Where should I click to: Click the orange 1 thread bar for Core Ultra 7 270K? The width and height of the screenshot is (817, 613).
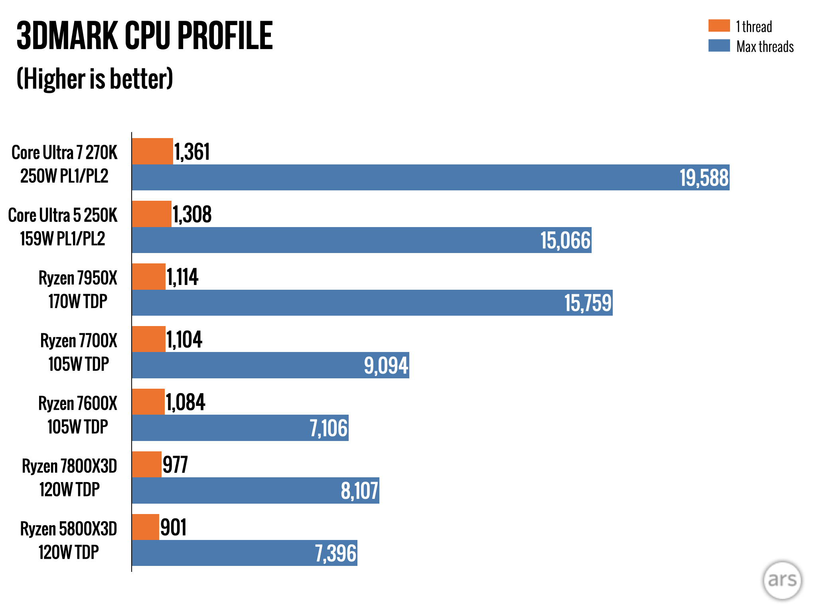point(152,151)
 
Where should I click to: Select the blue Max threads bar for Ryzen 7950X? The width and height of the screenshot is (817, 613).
point(372,303)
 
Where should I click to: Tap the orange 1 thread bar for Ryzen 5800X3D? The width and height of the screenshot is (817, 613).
point(145,527)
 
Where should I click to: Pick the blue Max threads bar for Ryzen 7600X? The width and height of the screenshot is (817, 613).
point(240,428)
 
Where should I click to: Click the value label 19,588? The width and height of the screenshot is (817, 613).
point(704,178)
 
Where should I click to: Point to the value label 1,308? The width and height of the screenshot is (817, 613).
point(192,214)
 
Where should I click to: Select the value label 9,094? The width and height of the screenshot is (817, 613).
point(386,366)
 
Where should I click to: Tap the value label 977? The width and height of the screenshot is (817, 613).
point(175,465)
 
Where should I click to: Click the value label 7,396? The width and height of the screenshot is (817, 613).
point(335,553)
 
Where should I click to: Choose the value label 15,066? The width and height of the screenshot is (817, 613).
point(565,240)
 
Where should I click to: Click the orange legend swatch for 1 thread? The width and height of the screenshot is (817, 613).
point(719,26)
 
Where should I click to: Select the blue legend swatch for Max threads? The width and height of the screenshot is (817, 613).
point(719,45)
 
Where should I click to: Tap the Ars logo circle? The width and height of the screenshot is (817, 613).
point(782,580)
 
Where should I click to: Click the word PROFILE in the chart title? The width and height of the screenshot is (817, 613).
point(225,36)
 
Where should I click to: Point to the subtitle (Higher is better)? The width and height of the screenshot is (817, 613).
point(95,79)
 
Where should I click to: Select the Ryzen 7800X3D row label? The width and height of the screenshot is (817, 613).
point(69,466)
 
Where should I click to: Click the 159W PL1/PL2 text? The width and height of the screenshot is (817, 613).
point(63,239)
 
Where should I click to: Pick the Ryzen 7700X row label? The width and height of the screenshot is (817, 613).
point(79,341)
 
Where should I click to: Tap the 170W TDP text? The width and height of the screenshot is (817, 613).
point(78,301)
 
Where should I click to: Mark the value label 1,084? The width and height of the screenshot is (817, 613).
point(185,402)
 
